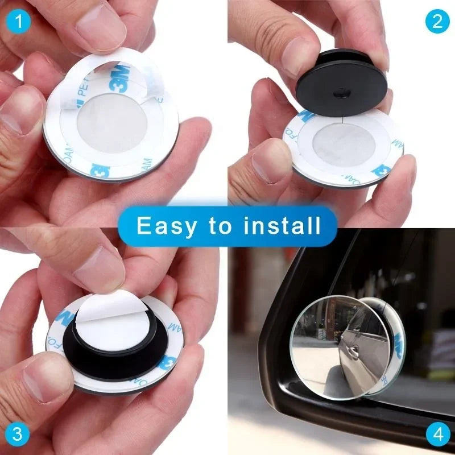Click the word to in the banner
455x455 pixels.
220,227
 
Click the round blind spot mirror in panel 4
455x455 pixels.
336,347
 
